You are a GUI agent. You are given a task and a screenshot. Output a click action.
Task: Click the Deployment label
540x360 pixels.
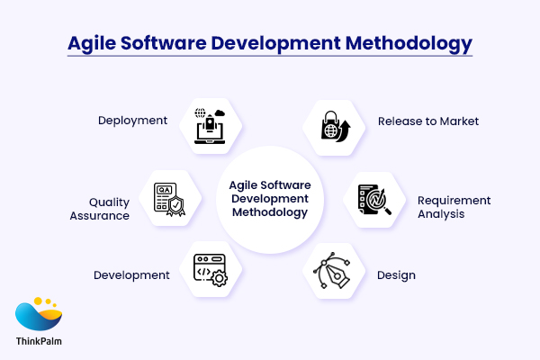pos(132,120)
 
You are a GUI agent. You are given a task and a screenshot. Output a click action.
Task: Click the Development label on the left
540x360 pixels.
pos(131,274)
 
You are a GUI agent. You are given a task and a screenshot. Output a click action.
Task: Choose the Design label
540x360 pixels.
pos(396,274)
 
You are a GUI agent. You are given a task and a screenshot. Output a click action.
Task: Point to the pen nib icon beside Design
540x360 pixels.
pos(334,271)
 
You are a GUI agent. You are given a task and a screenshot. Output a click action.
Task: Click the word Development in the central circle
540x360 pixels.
pos(270,198)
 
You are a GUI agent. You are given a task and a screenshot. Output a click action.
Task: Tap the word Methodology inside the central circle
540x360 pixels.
pos(270,212)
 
